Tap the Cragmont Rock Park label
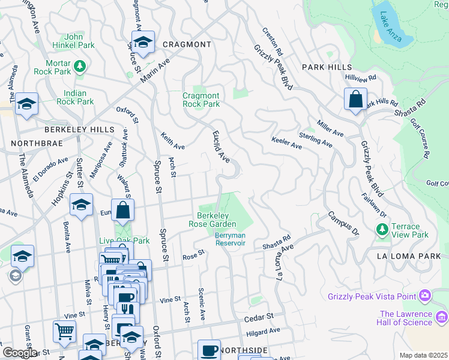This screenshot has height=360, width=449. tap(201, 100)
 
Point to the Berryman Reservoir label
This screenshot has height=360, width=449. tap(231, 239)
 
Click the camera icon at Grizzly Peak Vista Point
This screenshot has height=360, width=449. tap(425, 295)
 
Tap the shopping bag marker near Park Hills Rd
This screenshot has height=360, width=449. tap(355, 99)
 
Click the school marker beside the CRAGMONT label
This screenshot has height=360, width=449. tap(143, 41)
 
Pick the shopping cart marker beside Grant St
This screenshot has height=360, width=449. tap(64, 331)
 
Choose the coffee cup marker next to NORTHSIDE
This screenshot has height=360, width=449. tap(209, 350)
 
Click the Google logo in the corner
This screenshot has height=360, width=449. tap(19, 353)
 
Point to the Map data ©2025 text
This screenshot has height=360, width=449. tap(423, 355)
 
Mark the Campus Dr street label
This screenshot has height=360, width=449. tap(342, 223)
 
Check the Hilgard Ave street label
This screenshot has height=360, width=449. tap(263, 331)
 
